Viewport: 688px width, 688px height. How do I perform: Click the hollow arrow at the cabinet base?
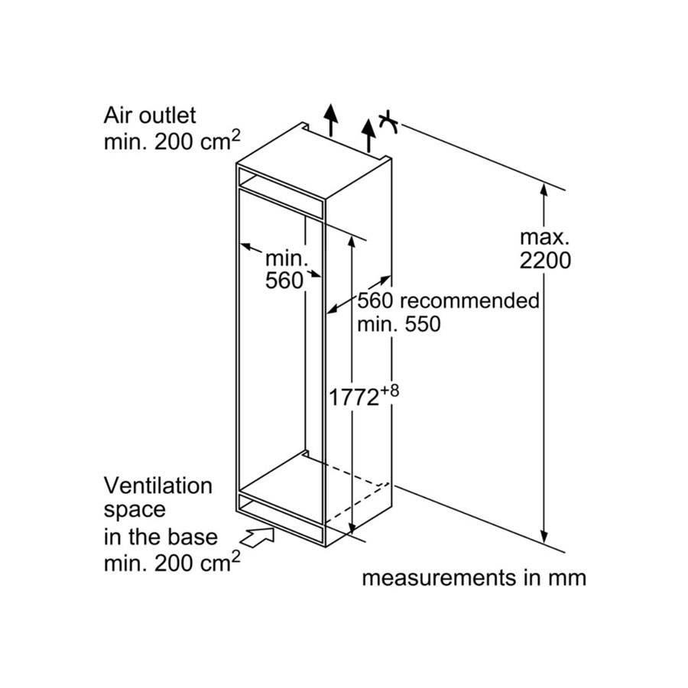tap(258, 537)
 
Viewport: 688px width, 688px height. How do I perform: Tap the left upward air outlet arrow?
tap(331, 120)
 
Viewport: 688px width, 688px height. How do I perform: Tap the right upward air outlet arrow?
tap(368, 135)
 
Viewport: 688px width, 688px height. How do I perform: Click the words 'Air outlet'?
tap(150, 116)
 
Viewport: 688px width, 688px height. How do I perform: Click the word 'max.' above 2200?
tap(544, 238)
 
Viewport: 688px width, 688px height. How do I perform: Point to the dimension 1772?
tap(354, 398)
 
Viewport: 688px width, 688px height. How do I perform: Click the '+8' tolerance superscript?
tap(390, 391)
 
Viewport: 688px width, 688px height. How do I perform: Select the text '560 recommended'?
tap(449, 301)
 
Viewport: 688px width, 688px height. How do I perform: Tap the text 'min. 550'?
tap(399, 324)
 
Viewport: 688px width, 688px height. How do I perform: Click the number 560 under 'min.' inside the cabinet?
tap(284, 281)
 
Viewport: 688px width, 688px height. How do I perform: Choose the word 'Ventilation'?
tap(158, 485)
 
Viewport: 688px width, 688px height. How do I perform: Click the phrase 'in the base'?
tap(161, 537)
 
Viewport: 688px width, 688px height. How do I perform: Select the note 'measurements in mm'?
tap(474, 578)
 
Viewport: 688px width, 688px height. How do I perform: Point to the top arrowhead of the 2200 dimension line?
tap(544, 189)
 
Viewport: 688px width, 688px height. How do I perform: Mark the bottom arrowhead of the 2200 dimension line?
tap(544, 536)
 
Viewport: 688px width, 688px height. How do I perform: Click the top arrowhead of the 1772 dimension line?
tap(352, 242)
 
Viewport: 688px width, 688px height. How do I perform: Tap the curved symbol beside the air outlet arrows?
tap(388, 122)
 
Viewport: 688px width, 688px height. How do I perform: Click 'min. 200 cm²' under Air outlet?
tap(172, 141)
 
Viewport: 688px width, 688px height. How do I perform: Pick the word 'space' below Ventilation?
tap(135, 511)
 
